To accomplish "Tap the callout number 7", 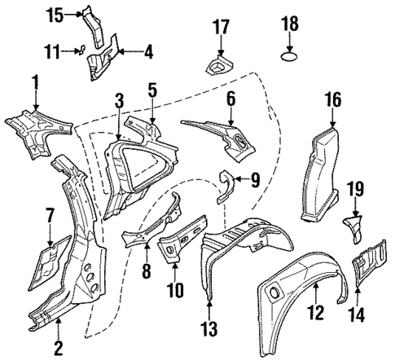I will [x=50, y=217].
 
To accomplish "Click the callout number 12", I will [x=314, y=311].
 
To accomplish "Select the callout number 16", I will [x=331, y=101].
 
